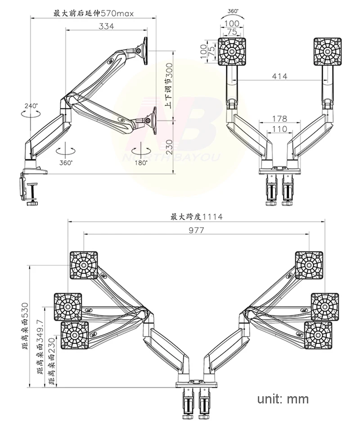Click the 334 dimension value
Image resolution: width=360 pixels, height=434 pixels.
pos(106,26)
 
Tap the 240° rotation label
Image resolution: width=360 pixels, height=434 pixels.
pos(31,106)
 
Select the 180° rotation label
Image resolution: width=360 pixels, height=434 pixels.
pos(140,163)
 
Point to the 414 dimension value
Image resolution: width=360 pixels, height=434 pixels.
pos(279,76)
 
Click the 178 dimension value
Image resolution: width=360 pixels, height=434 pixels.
pos(279,119)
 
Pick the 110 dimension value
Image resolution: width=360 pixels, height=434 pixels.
pos(279,129)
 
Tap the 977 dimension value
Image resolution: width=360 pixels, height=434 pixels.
pos(196,230)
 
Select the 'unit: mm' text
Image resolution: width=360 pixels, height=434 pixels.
pos(283,399)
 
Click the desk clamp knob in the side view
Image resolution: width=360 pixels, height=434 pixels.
pos(32,203)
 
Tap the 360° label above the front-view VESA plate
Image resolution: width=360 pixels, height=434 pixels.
pos(233,10)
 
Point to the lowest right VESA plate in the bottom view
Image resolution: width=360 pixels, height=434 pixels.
pos(317,335)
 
